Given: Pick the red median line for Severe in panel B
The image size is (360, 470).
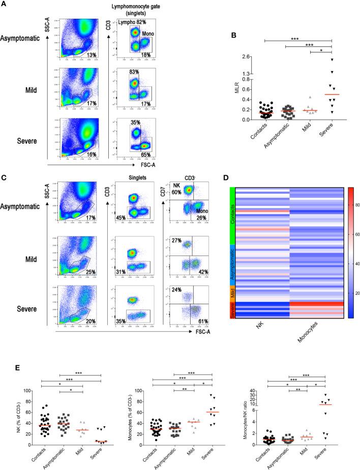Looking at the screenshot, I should click(332, 95).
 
